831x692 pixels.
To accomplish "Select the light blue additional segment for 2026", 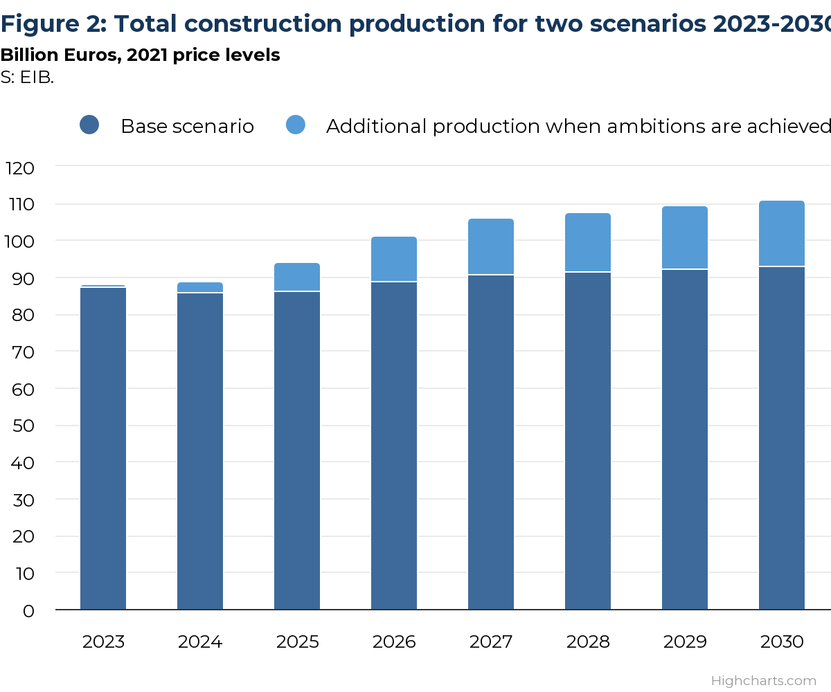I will pyautogui.click(x=394, y=259).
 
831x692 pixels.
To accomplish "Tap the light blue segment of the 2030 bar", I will pyautogui.click(x=782, y=233).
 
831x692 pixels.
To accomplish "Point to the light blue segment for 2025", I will pyautogui.click(x=297, y=277).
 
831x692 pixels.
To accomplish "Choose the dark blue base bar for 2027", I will pyautogui.click(x=491, y=442).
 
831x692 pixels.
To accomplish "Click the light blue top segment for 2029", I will pyautogui.click(x=685, y=237).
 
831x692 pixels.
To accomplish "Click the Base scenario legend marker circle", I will pyautogui.click(x=89, y=125).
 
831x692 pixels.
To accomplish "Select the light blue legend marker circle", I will pyautogui.click(x=296, y=125).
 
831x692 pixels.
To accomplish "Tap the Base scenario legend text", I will pyautogui.click(x=187, y=127).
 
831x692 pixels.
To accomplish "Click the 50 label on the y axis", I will pyautogui.click(x=24, y=426).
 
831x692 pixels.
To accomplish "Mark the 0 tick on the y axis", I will pyautogui.click(x=28, y=611).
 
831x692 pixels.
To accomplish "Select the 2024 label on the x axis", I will pyautogui.click(x=200, y=642).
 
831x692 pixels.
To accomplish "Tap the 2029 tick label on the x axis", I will pyautogui.click(x=685, y=642).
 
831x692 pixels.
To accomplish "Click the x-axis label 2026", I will pyautogui.click(x=394, y=642).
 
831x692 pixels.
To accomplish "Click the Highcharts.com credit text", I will pyautogui.click(x=763, y=681).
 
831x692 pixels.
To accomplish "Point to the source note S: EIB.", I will pyautogui.click(x=27, y=78).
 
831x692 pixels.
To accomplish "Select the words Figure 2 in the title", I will pyautogui.click(x=50, y=24).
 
